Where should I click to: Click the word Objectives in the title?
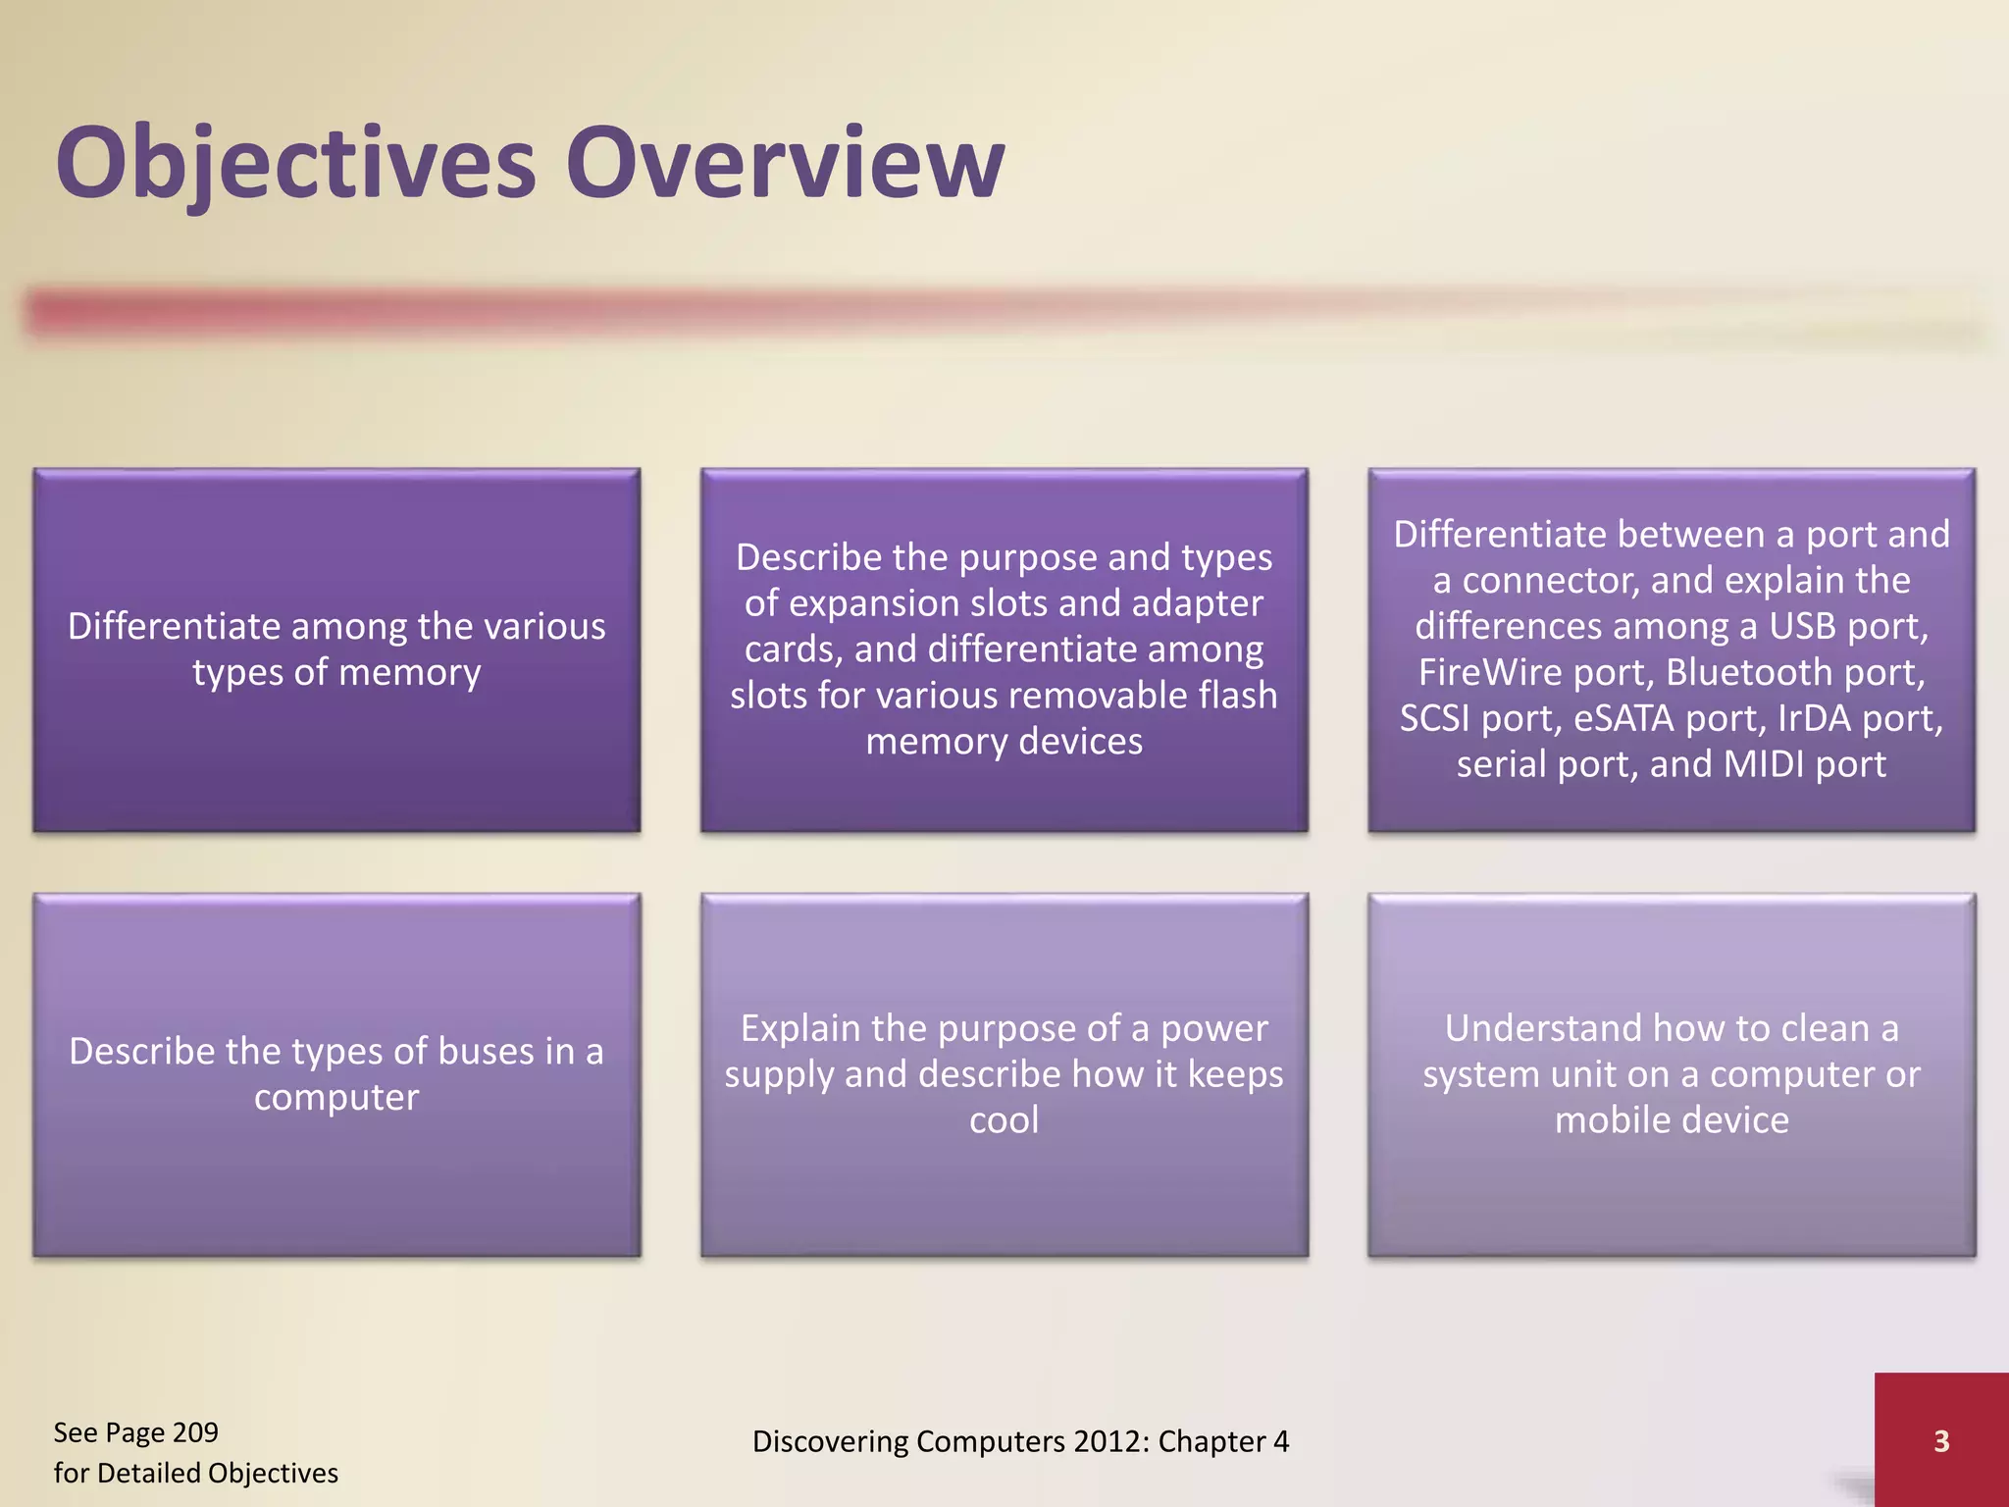pyautogui.click(x=294, y=163)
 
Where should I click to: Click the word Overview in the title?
pyautogui.click(x=785, y=163)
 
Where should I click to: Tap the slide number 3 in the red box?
pyautogui.click(x=1940, y=1441)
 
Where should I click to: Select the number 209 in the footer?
pyautogui.click(x=194, y=1432)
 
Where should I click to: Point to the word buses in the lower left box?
pyautogui.click(x=487, y=1052)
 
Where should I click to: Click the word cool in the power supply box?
pyautogui.click(x=1004, y=1120)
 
